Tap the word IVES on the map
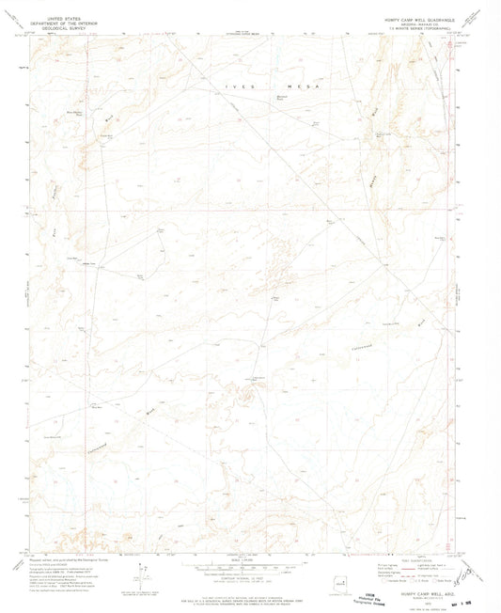[x=234, y=86]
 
